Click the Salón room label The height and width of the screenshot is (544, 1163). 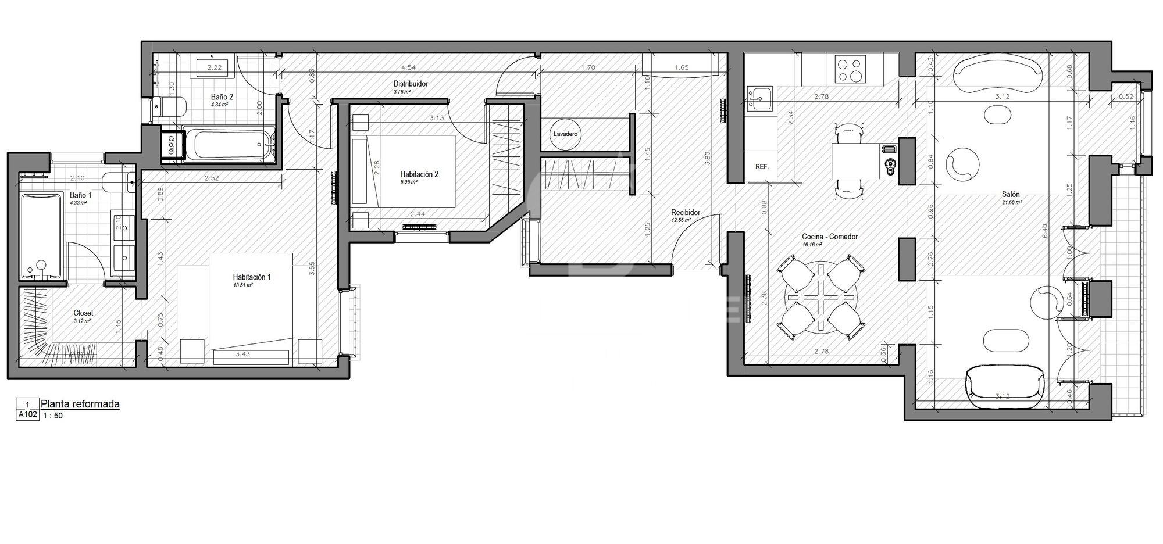pyautogui.click(x=1010, y=195)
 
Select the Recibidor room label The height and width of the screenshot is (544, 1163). pyautogui.click(x=686, y=213)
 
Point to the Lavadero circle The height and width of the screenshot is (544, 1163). pyautogui.click(x=565, y=134)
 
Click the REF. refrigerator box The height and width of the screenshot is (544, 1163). pyautogui.click(x=762, y=167)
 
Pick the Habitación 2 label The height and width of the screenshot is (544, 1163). pyautogui.click(x=419, y=174)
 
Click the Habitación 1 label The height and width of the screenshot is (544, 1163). pyautogui.click(x=252, y=277)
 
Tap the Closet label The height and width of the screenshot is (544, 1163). pyautogui.click(x=83, y=313)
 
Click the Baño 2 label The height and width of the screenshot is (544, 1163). pyautogui.click(x=222, y=97)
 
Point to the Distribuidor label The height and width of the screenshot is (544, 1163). pyautogui.click(x=411, y=84)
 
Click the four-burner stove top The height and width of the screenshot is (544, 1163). pyautogui.click(x=850, y=69)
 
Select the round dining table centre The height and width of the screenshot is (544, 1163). pyautogui.click(x=820, y=297)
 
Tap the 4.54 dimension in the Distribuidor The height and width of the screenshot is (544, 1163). pyautogui.click(x=408, y=67)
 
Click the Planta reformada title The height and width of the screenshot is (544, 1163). pyautogui.click(x=80, y=404)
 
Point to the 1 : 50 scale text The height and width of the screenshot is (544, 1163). pyautogui.click(x=53, y=416)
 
